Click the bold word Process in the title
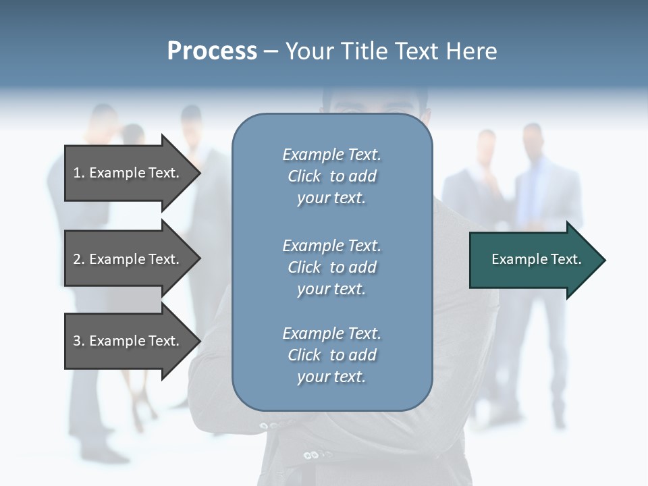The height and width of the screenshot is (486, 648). pos(212,51)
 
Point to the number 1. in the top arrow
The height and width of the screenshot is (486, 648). pos(79,173)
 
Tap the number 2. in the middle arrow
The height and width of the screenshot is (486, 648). pos(79,259)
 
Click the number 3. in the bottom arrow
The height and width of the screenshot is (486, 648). pos(79,341)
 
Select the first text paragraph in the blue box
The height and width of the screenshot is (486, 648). pos(331,176)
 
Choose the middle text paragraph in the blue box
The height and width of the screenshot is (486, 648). pos(331,267)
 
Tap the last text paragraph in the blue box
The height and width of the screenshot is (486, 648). pos(331,355)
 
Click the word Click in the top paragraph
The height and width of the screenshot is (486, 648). pos(304,176)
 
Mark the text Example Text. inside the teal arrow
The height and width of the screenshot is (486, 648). pos(536,259)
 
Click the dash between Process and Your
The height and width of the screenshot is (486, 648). pos(271,52)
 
